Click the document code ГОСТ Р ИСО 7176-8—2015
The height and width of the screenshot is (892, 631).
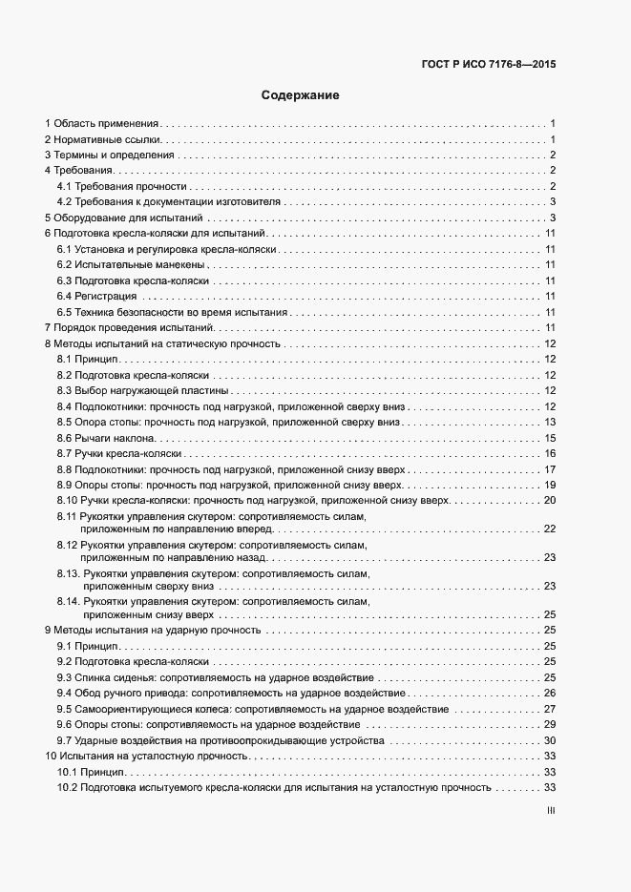pos(488,65)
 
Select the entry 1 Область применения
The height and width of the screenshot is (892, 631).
pos(102,124)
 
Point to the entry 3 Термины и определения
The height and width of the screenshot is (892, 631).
pos(110,155)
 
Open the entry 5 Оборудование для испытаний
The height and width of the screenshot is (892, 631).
pos(121,218)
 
